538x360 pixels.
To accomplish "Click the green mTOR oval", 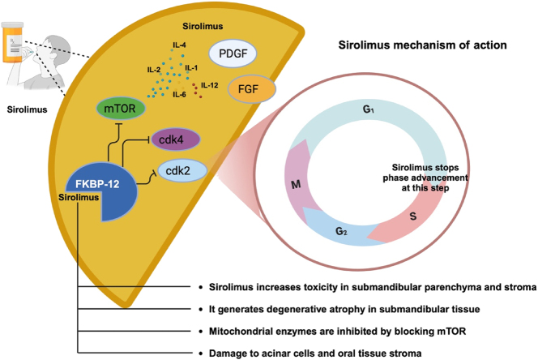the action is tap(121, 109).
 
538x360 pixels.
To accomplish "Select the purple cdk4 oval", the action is tap(175, 139).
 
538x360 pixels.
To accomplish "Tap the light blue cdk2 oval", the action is tap(182, 170).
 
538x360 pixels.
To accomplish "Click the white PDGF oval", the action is tap(233, 54).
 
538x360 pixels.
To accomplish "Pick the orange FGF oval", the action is tap(252, 89).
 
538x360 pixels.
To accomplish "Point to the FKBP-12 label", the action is tap(97, 184).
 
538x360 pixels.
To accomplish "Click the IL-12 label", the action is tap(210, 85).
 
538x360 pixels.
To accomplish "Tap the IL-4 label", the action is tap(179, 45).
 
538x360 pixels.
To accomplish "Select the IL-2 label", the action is tap(154, 70).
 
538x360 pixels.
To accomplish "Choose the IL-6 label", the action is tap(179, 95).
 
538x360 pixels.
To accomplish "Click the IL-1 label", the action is tap(191, 67).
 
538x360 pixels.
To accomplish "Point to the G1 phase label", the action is tap(368, 109).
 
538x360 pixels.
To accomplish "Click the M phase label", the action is tap(296, 185).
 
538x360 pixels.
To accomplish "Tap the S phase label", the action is tap(413, 216).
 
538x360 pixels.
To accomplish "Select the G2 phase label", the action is tap(341, 231).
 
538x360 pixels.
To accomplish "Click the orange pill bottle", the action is tap(12, 42).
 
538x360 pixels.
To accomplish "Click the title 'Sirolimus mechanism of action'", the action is tap(422, 45).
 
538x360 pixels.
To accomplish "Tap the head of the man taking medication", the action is tap(56, 49).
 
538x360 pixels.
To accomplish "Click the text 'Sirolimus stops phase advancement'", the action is tap(425, 173).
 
